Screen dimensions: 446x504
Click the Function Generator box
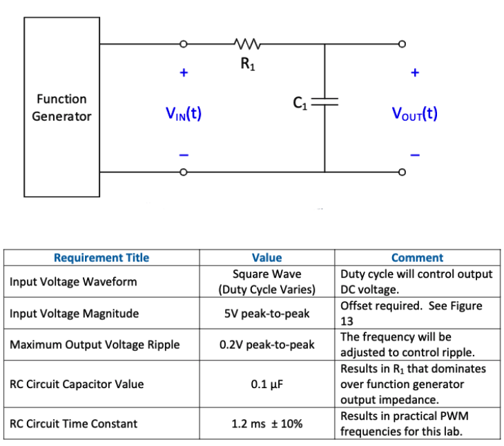pos(61,108)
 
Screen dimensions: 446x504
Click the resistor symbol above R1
pos(246,45)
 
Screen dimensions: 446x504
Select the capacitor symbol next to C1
pos(324,102)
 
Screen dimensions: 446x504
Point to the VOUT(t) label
pos(414,113)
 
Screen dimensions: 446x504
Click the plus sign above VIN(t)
pos(184,72)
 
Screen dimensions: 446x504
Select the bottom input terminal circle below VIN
pos(184,172)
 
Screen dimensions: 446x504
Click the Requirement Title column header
pos(101,258)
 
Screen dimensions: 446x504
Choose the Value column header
pos(266,258)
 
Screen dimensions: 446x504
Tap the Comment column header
pos(417,258)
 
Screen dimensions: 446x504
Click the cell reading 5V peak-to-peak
pos(266,314)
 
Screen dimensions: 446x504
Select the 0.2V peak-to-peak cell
pos(266,344)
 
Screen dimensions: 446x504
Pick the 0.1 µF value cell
pos(266,384)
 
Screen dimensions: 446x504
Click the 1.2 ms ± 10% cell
pos(266,423)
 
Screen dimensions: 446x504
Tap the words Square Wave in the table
pos(266,274)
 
